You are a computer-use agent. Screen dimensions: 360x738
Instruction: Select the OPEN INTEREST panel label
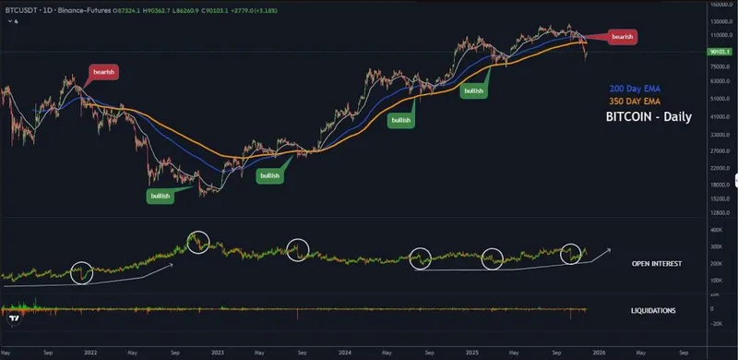tap(656, 264)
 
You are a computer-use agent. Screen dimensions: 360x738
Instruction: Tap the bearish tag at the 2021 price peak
tap(103, 71)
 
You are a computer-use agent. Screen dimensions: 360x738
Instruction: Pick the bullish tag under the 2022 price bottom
tap(160, 196)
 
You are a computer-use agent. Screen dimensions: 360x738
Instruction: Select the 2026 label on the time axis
tap(598, 353)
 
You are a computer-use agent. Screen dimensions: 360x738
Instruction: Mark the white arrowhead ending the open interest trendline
tap(608, 250)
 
